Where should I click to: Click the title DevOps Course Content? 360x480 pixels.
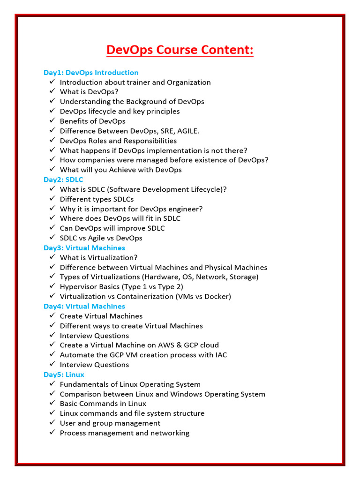click(180, 50)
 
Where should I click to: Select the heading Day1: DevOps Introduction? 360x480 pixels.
click(91, 73)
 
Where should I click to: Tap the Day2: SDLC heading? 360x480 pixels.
click(63, 180)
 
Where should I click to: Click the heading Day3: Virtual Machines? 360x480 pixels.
click(84, 248)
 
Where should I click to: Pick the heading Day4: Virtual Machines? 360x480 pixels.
click(84, 307)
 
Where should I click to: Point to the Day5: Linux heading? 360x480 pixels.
click(64, 375)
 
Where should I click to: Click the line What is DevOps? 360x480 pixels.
click(89, 92)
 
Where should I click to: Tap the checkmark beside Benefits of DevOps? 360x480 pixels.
click(52, 121)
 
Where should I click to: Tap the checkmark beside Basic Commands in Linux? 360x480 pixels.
click(52, 404)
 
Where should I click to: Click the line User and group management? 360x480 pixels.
click(110, 423)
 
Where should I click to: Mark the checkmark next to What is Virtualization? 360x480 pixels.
click(52, 257)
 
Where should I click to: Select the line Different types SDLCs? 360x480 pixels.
click(97, 199)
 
